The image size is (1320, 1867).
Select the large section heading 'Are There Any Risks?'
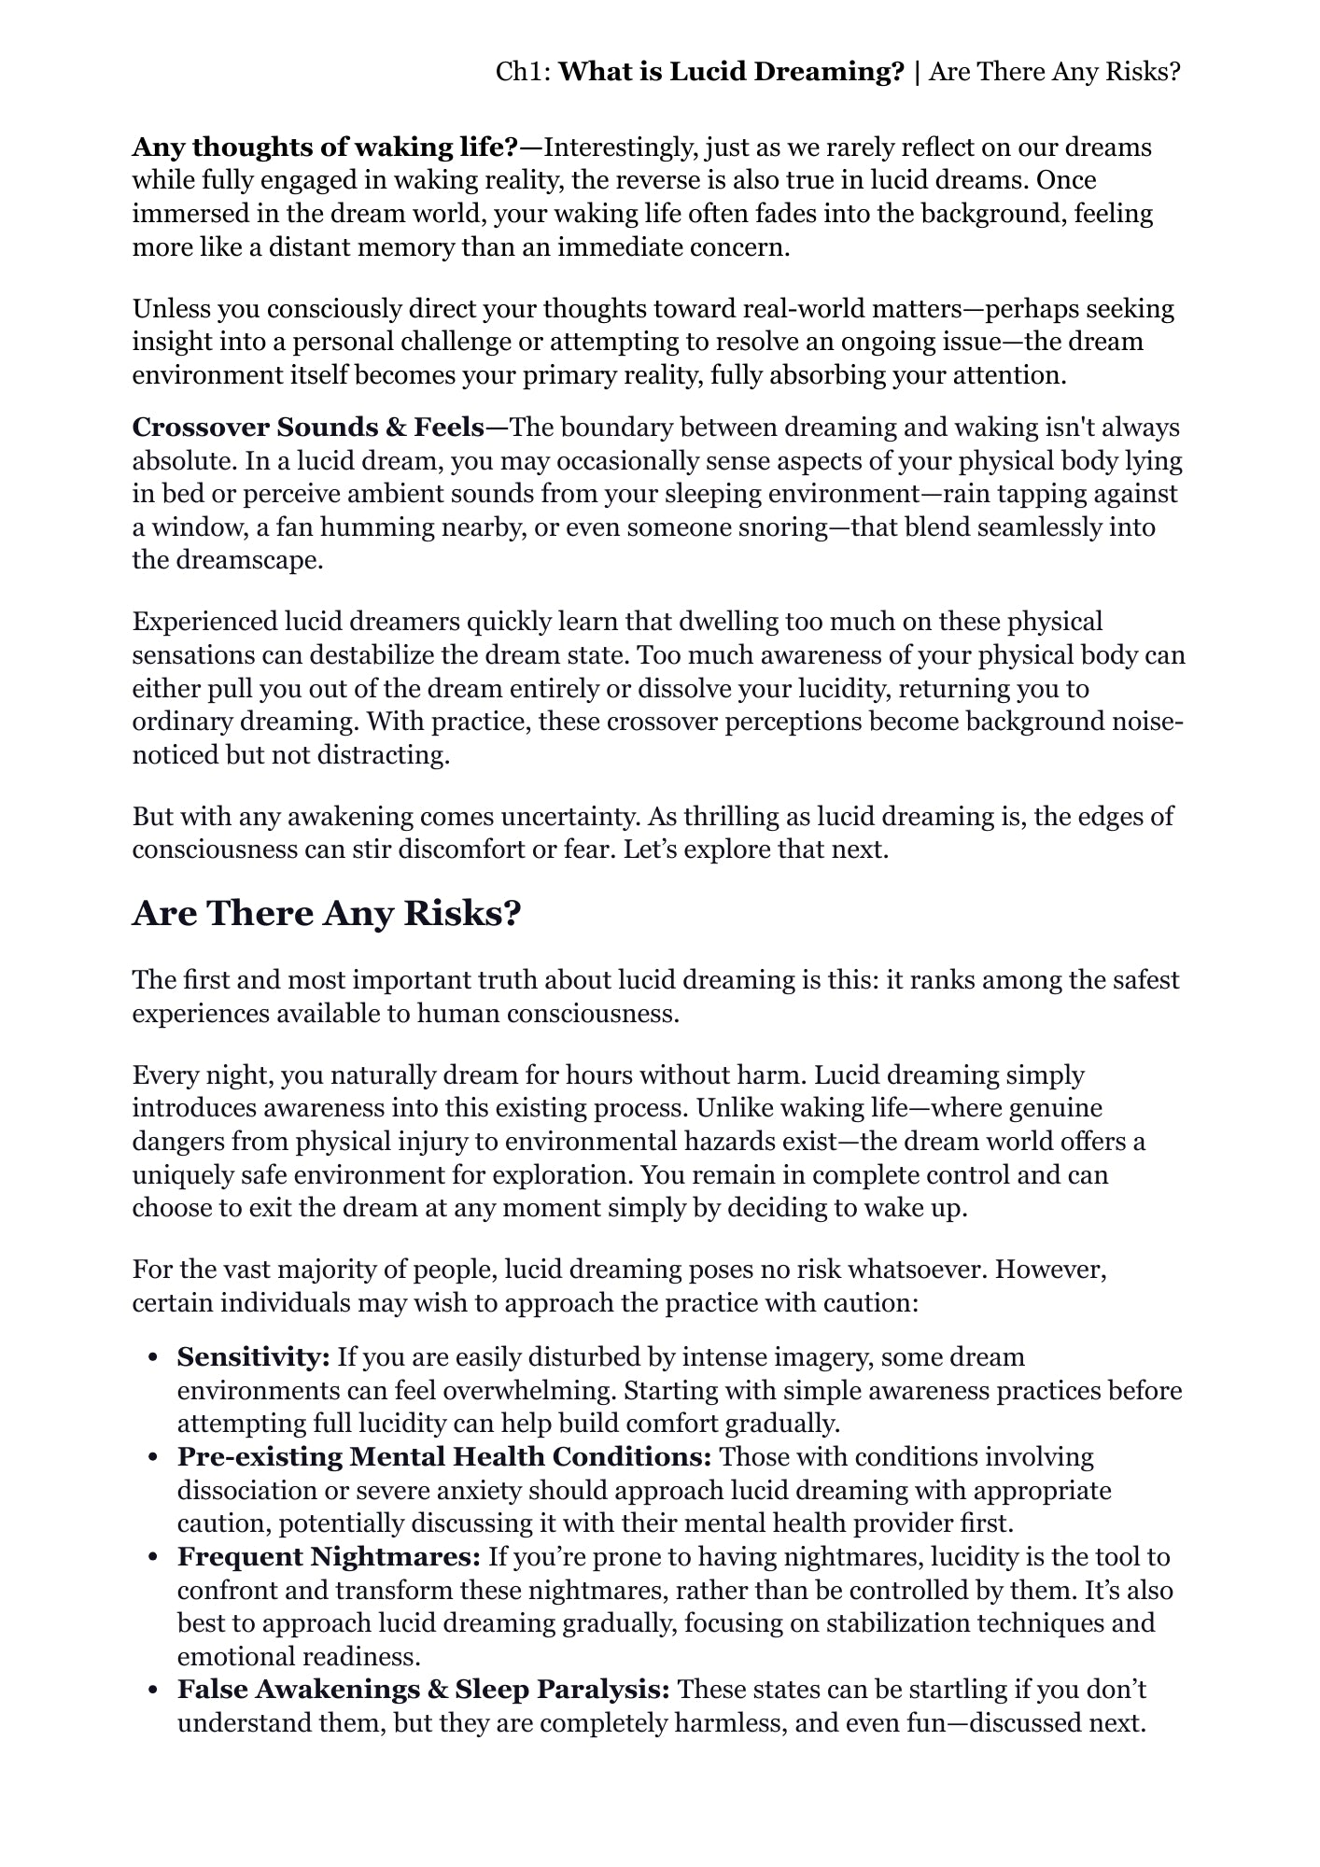[326, 913]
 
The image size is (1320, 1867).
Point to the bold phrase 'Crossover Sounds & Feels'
[308, 428]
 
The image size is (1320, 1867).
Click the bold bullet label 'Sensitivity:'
[254, 1356]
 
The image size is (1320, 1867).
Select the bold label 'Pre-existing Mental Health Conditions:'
[444, 1456]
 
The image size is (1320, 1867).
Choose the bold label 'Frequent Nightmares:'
[329, 1556]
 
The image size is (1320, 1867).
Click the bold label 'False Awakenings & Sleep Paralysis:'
[424, 1689]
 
